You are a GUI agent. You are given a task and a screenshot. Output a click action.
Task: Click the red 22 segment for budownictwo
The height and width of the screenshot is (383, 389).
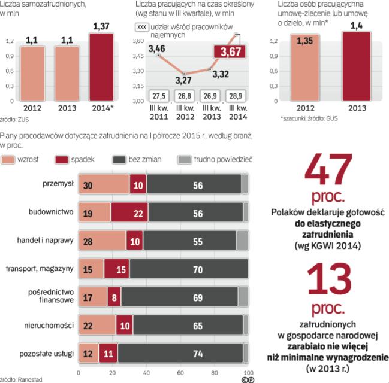pos(129,212)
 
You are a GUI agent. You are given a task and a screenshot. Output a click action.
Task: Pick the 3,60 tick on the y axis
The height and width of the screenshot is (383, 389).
pos(137,41)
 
